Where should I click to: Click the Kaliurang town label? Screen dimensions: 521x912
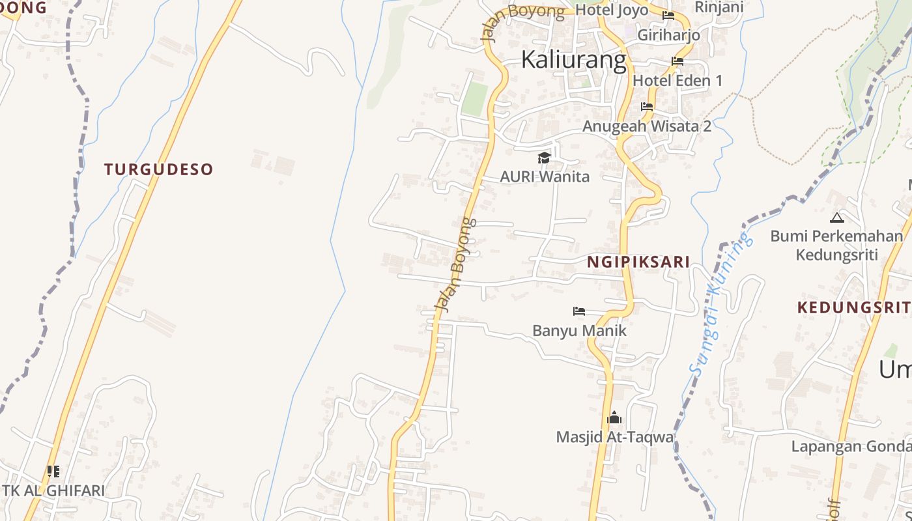coord(573,59)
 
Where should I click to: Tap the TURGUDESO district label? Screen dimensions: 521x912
coord(158,169)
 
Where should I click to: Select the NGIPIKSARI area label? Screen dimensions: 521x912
coord(638,262)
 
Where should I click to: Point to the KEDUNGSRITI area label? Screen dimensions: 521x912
coord(853,307)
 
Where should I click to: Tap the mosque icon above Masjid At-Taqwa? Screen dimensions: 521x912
coord(614,417)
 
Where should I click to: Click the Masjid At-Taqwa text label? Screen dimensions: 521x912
coord(614,437)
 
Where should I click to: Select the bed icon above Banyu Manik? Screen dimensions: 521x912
coord(578,311)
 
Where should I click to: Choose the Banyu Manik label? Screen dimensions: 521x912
coord(579,330)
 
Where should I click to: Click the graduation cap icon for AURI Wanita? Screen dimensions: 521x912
coord(544,158)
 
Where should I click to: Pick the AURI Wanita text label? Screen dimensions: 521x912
coord(544,176)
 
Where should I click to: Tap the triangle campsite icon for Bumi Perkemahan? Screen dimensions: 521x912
coord(836,218)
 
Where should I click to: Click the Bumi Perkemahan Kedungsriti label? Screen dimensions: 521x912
coord(836,244)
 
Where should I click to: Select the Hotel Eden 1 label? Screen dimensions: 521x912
coord(677,81)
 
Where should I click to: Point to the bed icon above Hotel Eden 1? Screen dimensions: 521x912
coord(677,62)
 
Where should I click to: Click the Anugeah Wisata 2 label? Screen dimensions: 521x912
coord(647,126)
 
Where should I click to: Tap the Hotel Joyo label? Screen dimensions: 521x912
coord(612,10)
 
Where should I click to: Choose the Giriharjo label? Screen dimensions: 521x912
coord(668,35)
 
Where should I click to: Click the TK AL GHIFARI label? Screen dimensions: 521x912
coord(53,490)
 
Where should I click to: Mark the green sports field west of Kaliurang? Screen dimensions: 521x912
coord(475,99)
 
